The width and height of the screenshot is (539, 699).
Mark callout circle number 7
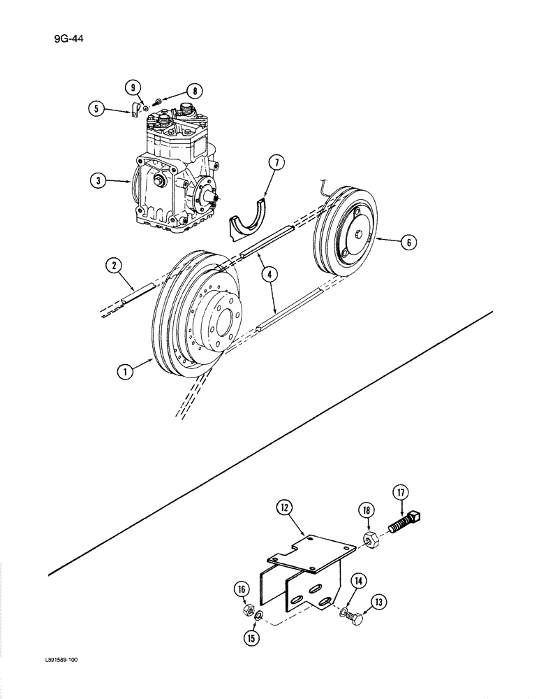[276, 164]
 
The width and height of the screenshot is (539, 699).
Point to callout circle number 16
[242, 589]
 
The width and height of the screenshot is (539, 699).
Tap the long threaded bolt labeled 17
[404, 524]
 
